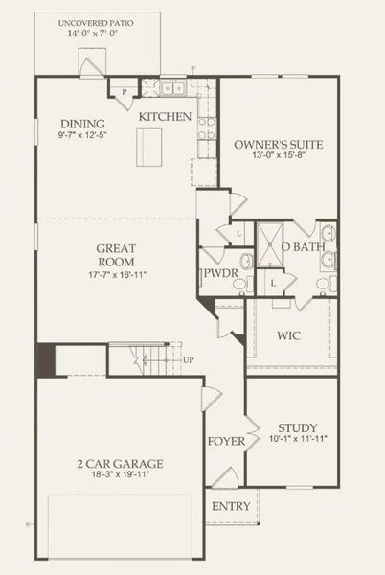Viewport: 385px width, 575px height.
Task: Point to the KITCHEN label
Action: (166, 117)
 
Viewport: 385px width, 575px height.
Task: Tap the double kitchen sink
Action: (172, 89)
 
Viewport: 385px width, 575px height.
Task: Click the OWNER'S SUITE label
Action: (279, 145)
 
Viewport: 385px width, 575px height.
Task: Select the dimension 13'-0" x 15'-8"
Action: (279, 157)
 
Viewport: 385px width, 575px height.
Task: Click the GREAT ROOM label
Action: (115, 254)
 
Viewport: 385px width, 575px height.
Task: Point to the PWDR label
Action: (215, 273)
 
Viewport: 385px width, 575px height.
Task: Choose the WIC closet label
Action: (289, 337)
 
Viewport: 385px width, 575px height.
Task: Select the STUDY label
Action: (298, 427)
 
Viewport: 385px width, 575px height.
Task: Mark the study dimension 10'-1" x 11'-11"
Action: (298, 440)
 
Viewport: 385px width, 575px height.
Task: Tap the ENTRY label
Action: (231, 506)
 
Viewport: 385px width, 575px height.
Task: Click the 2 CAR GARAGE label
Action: (120, 464)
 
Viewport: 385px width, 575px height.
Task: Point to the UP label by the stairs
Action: (188, 360)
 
